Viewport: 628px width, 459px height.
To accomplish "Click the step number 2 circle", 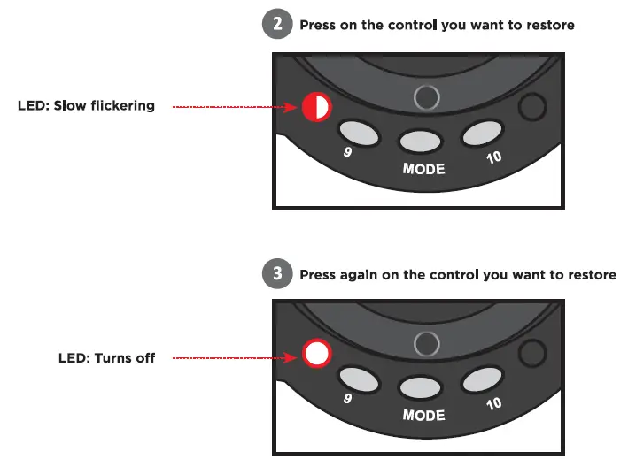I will point(277,25).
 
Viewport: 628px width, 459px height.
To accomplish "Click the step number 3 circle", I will point(277,274).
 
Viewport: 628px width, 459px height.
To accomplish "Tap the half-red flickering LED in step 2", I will point(315,108).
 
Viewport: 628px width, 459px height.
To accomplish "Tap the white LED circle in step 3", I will point(315,354).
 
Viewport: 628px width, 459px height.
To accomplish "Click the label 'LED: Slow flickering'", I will point(86,106).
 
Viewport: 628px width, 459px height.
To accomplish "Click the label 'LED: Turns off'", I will point(106,358).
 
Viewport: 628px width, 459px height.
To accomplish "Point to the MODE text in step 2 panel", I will point(423,168).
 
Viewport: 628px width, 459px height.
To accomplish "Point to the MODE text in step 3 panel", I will point(423,415).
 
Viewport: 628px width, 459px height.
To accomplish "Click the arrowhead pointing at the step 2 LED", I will point(294,108).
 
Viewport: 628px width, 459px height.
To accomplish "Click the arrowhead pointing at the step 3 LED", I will point(294,358).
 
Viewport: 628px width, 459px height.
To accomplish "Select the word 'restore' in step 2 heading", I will point(549,25).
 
